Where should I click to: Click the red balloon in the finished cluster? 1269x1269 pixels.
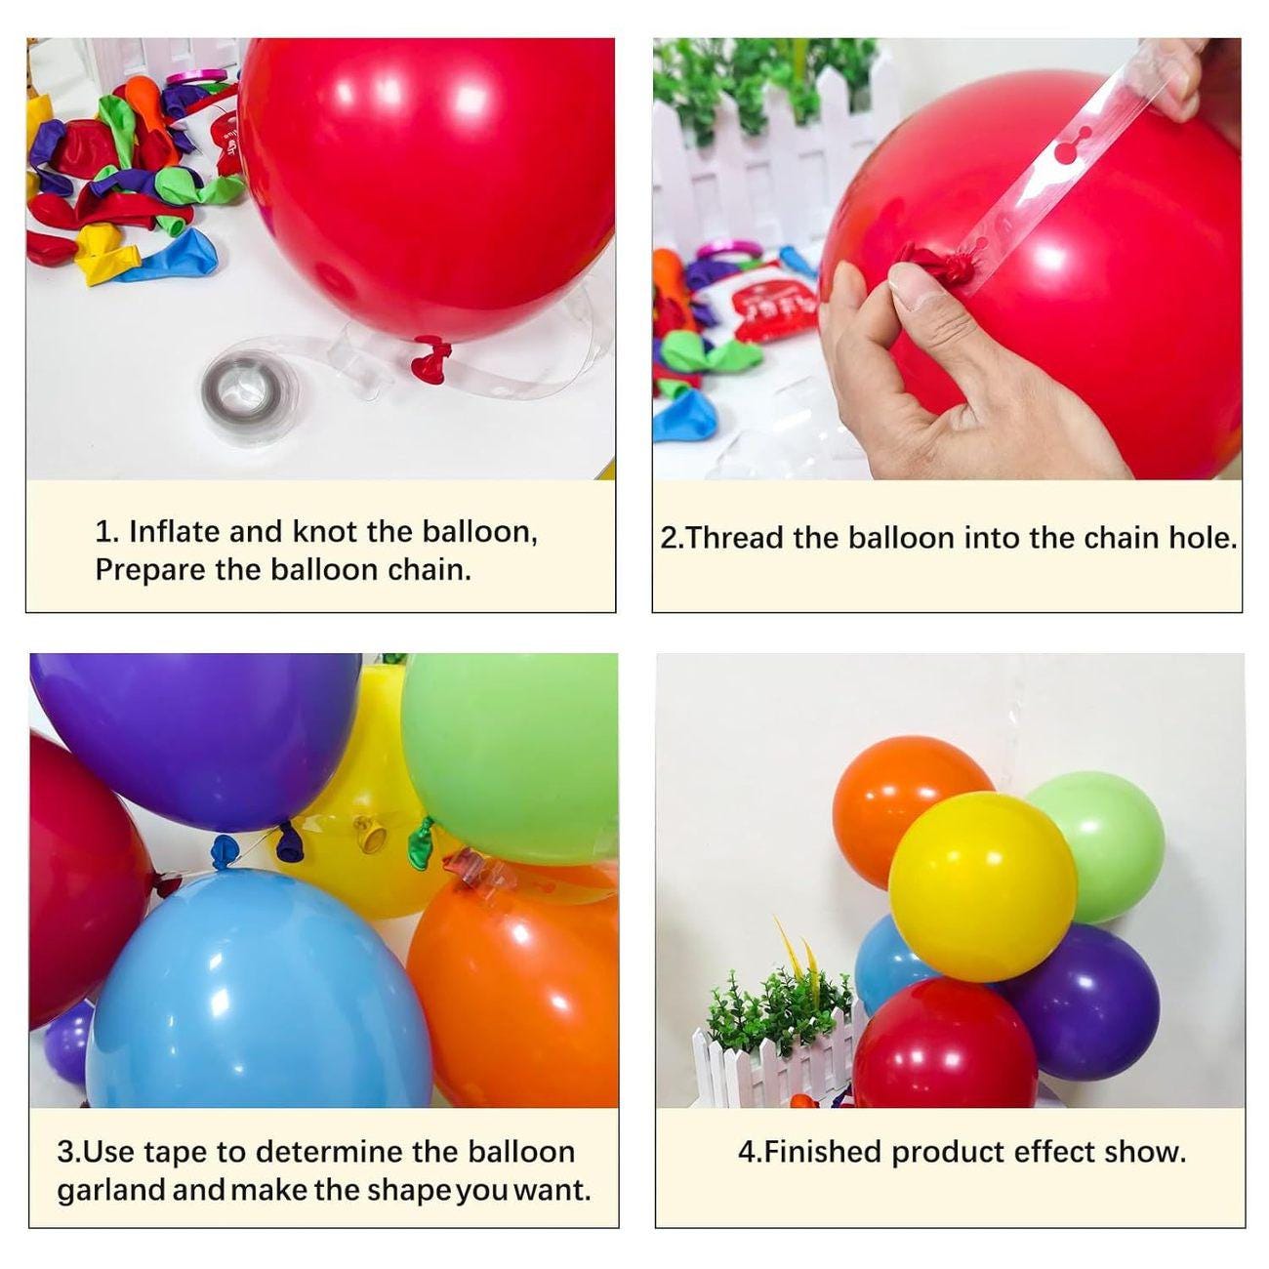point(942,1044)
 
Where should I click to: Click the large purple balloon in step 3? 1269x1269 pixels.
point(195,732)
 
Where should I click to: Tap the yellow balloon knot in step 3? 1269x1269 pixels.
point(370,835)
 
